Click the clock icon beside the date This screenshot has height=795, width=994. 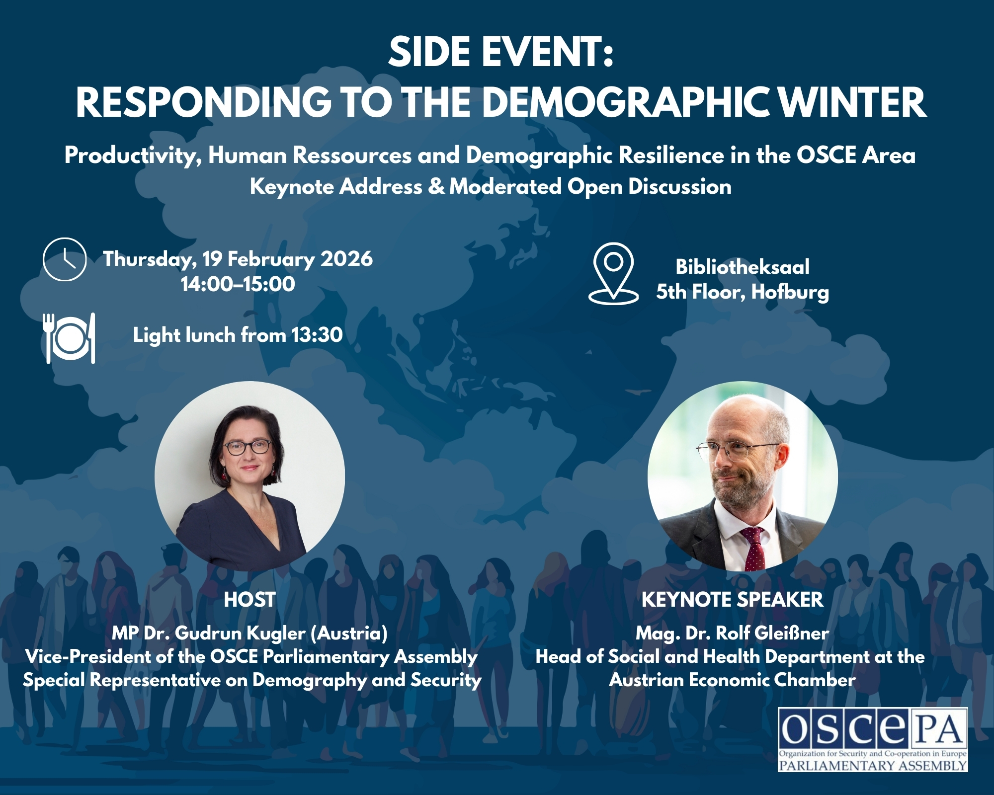click(65, 259)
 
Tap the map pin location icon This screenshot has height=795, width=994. click(613, 273)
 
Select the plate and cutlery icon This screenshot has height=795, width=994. click(69, 338)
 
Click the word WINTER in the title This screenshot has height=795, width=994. click(852, 102)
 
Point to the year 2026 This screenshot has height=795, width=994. click(346, 259)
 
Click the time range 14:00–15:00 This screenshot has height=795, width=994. click(238, 284)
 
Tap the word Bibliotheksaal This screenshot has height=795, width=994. click(742, 267)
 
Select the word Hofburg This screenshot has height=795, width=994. click(790, 292)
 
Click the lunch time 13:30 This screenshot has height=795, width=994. click(317, 335)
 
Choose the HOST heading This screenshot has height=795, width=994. click(249, 600)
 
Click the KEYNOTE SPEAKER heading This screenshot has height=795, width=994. click(732, 600)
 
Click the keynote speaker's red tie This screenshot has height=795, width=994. click(753, 549)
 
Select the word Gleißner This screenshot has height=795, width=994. click(792, 634)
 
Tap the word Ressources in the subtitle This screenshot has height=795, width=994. click(352, 156)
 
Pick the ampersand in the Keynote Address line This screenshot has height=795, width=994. click(436, 187)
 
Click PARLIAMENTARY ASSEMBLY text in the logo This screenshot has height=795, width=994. click(873, 765)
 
